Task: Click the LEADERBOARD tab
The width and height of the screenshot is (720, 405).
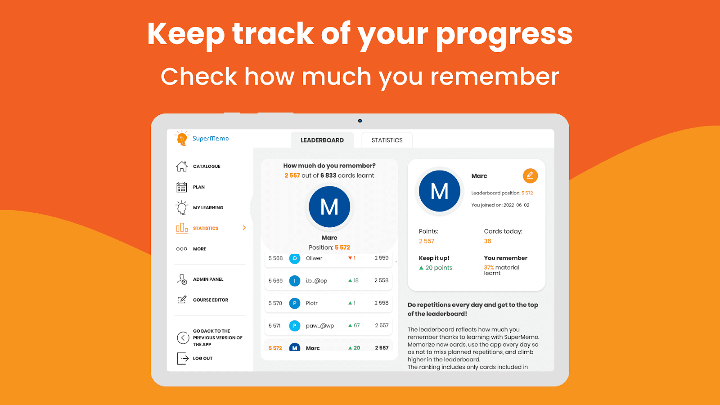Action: pyautogui.click(x=322, y=140)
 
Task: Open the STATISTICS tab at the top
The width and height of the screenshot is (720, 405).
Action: pyautogui.click(x=387, y=140)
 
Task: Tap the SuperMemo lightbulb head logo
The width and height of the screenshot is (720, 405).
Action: pyautogui.click(x=182, y=139)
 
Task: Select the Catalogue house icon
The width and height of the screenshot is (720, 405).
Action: pyautogui.click(x=182, y=166)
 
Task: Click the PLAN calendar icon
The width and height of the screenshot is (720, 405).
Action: pyautogui.click(x=182, y=187)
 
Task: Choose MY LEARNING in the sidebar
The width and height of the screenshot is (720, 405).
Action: pyautogui.click(x=208, y=207)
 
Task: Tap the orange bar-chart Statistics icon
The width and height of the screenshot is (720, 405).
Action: pyautogui.click(x=182, y=228)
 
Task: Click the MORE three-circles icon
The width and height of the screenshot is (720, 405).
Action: pyautogui.click(x=182, y=249)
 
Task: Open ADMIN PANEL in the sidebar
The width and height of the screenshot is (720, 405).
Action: pyautogui.click(x=208, y=279)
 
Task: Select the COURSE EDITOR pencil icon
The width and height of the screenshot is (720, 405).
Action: pyautogui.click(x=182, y=300)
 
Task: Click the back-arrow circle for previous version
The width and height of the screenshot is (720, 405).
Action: pyautogui.click(x=183, y=338)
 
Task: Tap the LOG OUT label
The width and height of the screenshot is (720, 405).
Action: pyautogui.click(x=202, y=358)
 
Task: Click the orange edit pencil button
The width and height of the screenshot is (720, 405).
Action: pyautogui.click(x=530, y=176)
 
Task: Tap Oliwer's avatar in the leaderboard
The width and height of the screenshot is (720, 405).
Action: pyautogui.click(x=294, y=258)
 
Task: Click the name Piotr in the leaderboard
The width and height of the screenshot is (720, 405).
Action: pyautogui.click(x=311, y=303)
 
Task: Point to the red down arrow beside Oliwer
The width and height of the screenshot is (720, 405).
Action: pyautogui.click(x=350, y=258)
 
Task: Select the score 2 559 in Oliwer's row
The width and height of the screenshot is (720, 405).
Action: pyautogui.click(x=381, y=258)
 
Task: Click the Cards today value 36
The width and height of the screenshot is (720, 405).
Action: pyautogui.click(x=487, y=241)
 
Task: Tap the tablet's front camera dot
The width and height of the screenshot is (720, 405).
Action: pyautogui.click(x=360, y=121)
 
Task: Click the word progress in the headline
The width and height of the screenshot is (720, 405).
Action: pyautogui.click(x=504, y=35)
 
